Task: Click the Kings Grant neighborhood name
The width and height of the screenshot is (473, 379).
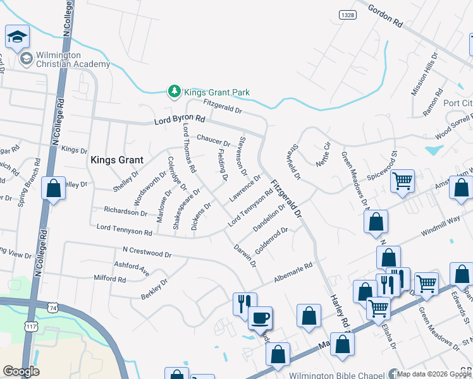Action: (x=117, y=160)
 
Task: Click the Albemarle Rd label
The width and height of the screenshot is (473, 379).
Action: (x=293, y=272)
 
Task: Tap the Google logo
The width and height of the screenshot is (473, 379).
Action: (x=21, y=371)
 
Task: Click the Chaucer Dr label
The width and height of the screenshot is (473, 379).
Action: (x=213, y=139)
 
